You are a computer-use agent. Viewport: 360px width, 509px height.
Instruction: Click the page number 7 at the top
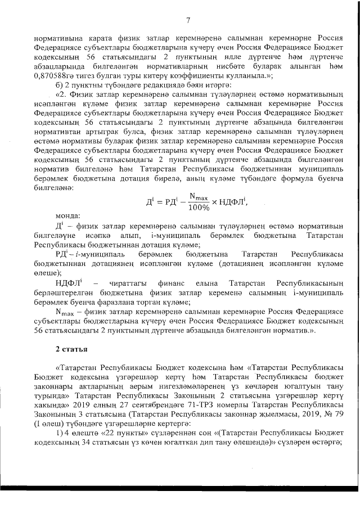[188, 20]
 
